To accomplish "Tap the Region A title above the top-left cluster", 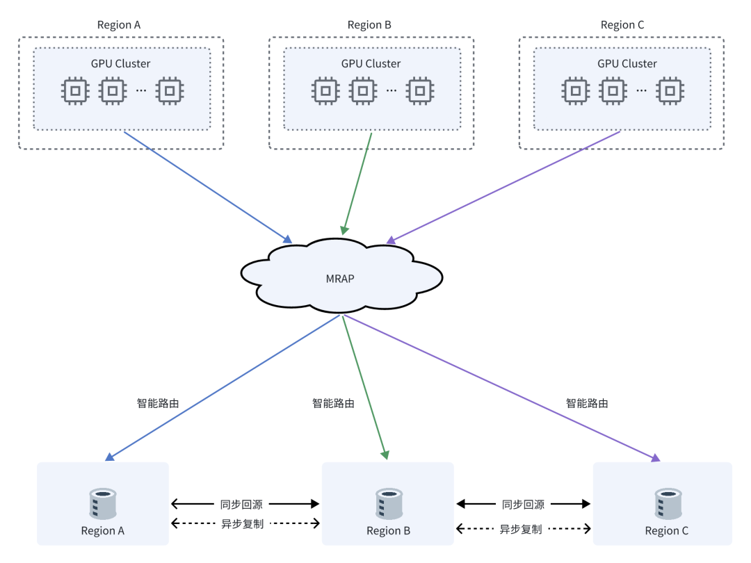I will click(x=119, y=25).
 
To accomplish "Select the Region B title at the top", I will click(x=369, y=25).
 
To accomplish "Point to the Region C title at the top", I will click(x=622, y=25).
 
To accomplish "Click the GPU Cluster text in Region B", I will click(x=371, y=63).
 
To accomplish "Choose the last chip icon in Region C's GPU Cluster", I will click(x=670, y=90).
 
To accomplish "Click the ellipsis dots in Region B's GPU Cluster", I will click(x=391, y=90).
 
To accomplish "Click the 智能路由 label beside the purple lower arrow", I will click(x=587, y=402).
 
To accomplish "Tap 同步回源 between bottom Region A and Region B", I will click(x=242, y=504).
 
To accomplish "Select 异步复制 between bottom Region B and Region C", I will click(x=521, y=529).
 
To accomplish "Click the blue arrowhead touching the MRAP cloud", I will click(x=287, y=238).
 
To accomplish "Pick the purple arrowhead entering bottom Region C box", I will click(x=655, y=457).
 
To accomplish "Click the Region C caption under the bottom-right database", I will click(x=666, y=531).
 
